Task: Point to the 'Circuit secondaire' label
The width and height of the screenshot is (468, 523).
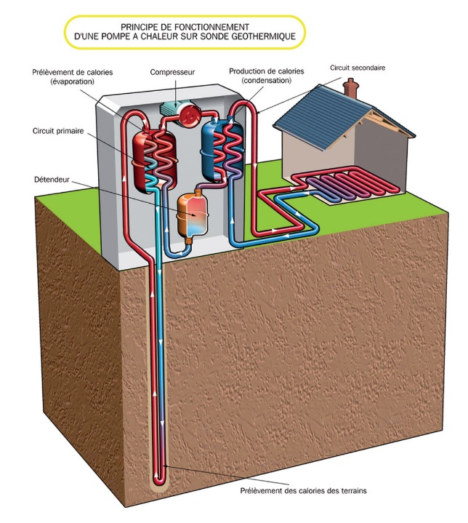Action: [358, 67]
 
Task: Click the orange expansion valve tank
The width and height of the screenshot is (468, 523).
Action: [193, 212]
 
